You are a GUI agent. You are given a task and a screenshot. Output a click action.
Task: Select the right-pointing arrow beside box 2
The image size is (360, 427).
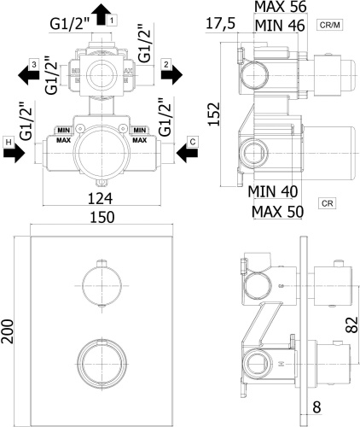coord(171,75)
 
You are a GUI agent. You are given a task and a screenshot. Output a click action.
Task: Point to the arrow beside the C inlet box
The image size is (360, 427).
coord(186,155)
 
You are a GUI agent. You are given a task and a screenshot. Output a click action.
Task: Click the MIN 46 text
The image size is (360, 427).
coord(281,26)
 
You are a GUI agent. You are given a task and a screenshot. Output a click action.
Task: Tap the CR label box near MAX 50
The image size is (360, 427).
coord(327,202)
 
